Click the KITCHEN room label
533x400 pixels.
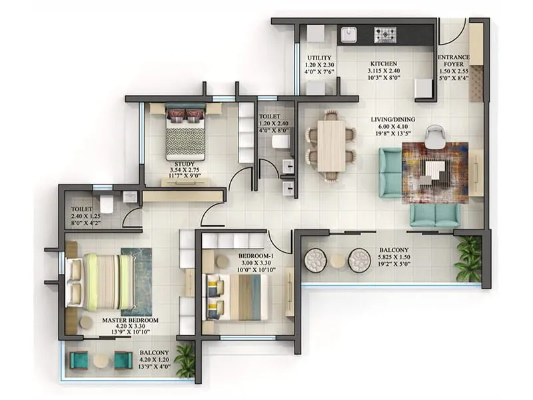pos(384,65)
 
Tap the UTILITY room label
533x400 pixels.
pos(315,58)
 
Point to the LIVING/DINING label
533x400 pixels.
pos(393,120)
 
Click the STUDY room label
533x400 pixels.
pos(185,163)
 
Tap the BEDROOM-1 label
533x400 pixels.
pos(257,256)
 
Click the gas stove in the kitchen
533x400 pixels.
pos(384,35)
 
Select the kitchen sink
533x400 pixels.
pos(349,35)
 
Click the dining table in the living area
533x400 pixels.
pos(331,146)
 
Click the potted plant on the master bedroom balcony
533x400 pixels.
pos(185,360)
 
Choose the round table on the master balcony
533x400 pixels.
pos(101,361)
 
